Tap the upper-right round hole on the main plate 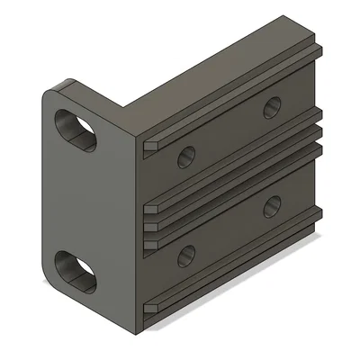(271, 108)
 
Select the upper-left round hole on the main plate (186, 157)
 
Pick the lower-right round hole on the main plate (271, 206)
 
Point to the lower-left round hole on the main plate (187, 256)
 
